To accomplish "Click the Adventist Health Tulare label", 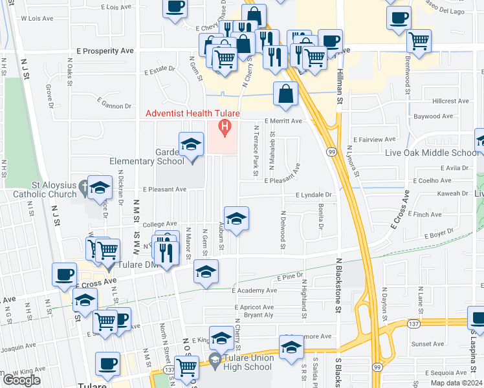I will tap(192, 113).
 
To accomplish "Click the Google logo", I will tap(21, 380).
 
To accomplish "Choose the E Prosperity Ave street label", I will tap(104, 50).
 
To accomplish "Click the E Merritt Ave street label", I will tap(283, 121).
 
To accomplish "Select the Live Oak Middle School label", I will tap(441, 153).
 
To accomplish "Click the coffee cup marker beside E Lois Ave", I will tap(175, 8).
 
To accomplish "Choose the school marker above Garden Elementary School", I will tap(192, 144).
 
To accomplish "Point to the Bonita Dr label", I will tap(321, 217).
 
